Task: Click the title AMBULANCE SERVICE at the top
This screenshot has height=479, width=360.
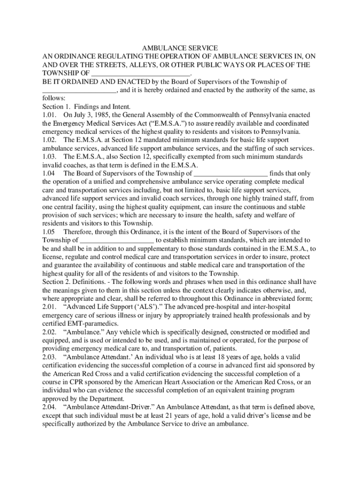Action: coord(180,48)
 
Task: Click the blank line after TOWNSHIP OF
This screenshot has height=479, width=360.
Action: coord(140,74)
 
